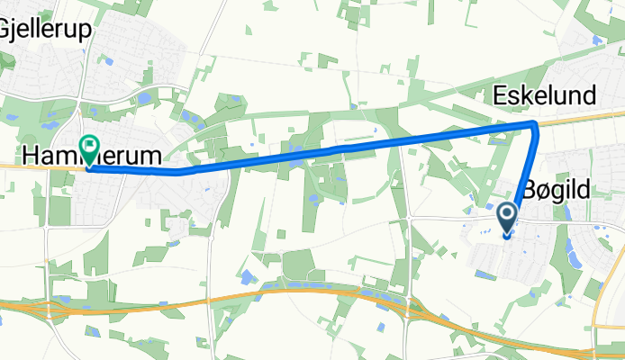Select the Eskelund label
tap(544, 95)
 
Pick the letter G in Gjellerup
tap(8, 30)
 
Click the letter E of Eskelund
tap(499, 95)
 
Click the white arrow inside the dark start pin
tap(507, 214)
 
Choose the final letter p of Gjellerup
tap(86, 31)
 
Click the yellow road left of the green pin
tap(36, 166)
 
